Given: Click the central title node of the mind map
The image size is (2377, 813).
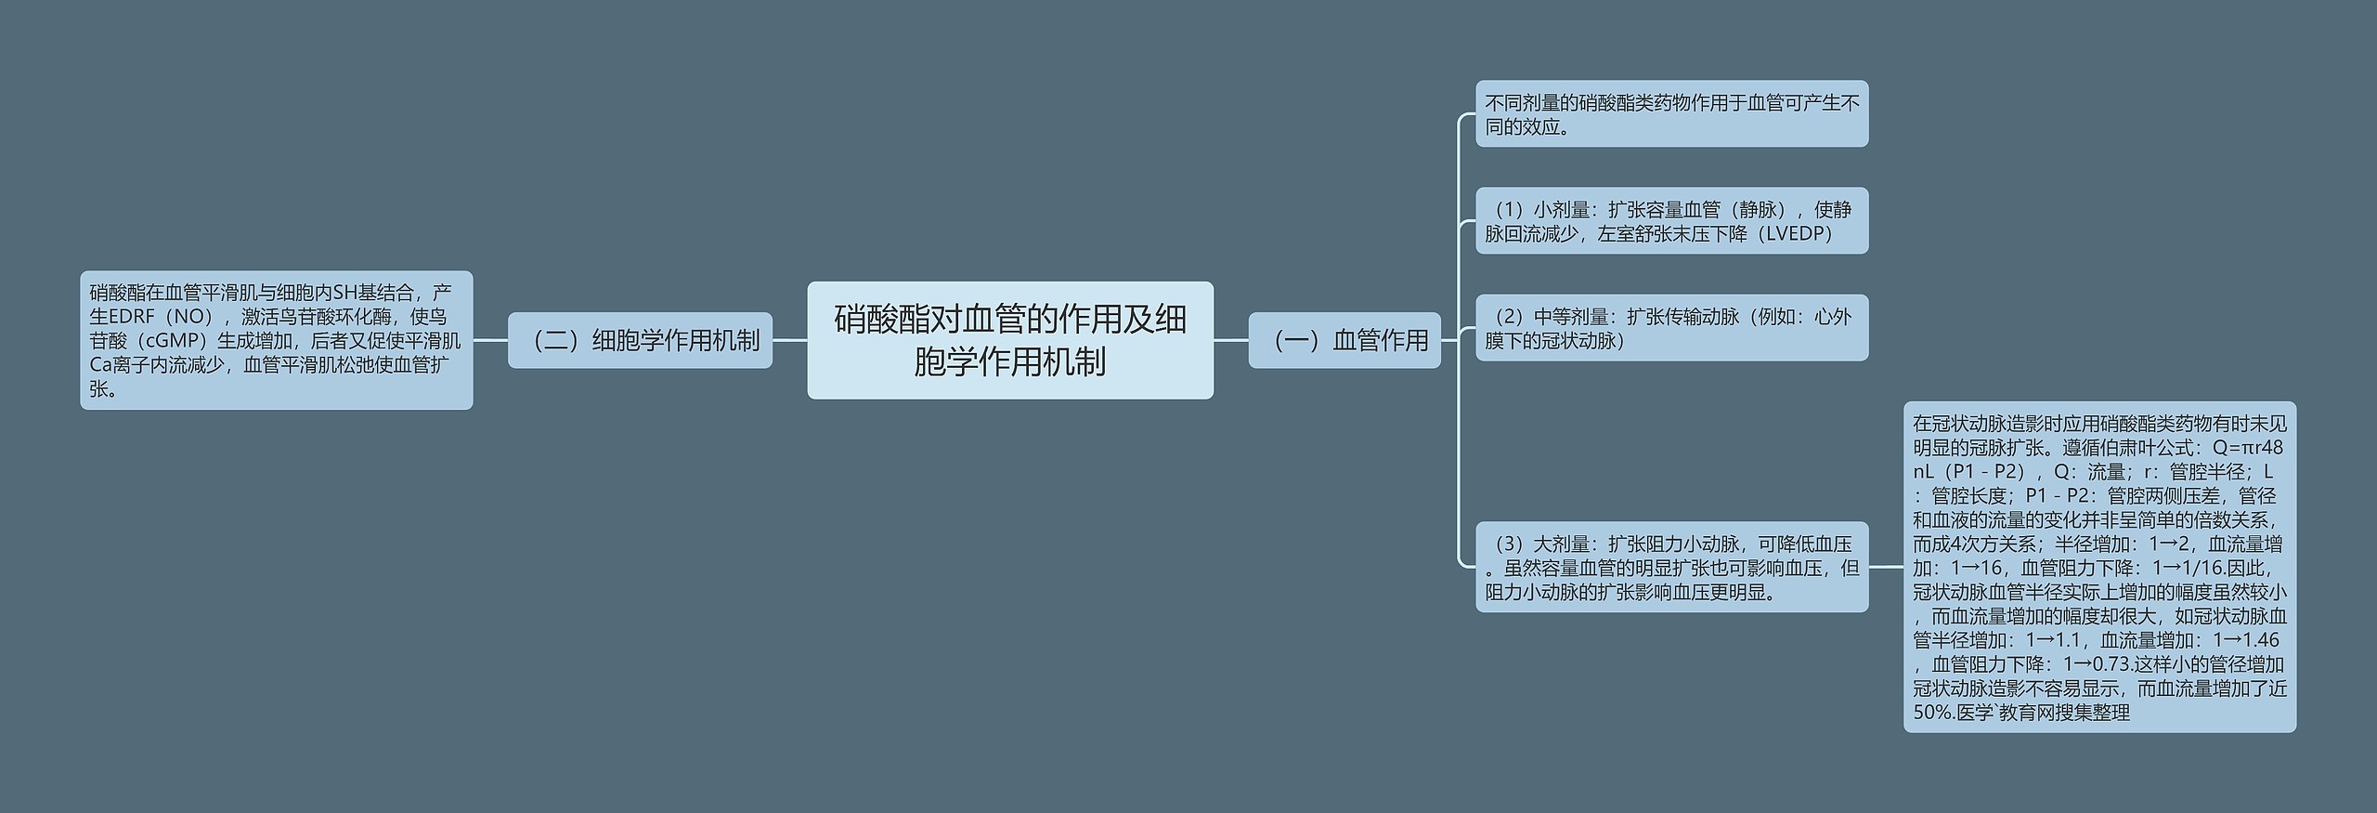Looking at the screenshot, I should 1009,340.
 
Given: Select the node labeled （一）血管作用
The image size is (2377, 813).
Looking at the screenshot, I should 1344,340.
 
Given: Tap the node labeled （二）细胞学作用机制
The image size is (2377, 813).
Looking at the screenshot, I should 640,340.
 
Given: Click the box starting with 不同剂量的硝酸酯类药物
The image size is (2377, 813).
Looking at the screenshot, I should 1671,114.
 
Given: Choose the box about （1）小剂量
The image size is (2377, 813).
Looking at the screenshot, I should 1671,221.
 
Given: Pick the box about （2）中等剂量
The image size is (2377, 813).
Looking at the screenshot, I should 1671,328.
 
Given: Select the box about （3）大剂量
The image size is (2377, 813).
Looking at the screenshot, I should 1671,567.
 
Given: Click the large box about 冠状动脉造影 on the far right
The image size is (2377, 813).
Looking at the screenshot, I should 2099,567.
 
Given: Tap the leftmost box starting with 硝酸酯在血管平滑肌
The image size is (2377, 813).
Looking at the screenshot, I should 276,340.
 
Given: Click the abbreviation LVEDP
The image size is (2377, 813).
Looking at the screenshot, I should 1797,234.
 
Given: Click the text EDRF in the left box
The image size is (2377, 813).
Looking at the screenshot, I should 131,317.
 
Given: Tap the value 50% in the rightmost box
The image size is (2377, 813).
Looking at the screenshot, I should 1932,713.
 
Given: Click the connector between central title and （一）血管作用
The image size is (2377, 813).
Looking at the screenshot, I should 1230,340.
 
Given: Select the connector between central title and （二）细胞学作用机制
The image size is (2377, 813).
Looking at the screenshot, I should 789,340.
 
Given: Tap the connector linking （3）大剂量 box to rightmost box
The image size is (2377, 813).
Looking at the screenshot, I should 1886,567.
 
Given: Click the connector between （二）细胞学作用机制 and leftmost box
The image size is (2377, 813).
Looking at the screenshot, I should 490,340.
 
